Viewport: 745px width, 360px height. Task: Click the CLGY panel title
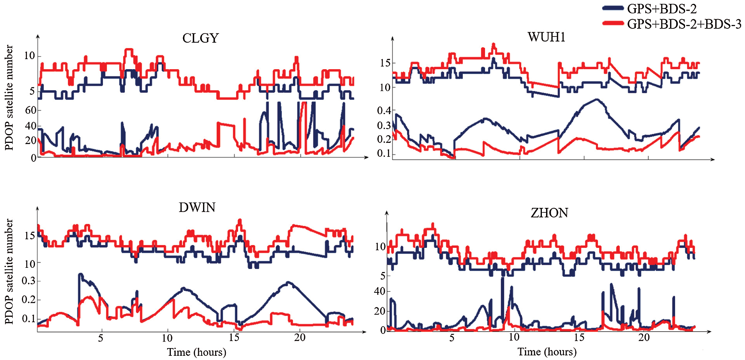pyautogui.click(x=200, y=38)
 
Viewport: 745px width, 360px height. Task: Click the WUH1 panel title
pyautogui.click(x=546, y=37)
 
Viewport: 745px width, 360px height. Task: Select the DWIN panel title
pyautogui.click(x=197, y=207)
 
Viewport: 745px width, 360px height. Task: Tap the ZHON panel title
pyautogui.click(x=549, y=213)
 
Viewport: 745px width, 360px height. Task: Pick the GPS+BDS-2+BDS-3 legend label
pyautogui.click(x=684, y=24)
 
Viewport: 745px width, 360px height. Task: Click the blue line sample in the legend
pyautogui.click(x=613, y=8)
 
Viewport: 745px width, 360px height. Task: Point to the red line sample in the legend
pyautogui.click(x=613, y=23)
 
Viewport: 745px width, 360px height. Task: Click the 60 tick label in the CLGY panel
pyautogui.click(x=30, y=110)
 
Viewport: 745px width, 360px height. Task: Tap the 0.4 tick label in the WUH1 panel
pyautogui.click(x=384, y=111)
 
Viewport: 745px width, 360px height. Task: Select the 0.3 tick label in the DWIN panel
pyautogui.click(x=28, y=281)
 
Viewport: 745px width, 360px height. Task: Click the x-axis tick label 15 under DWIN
pyautogui.click(x=234, y=338)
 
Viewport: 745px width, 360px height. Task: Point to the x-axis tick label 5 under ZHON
pyautogui.click(x=452, y=338)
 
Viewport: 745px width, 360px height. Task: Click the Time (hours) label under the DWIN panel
pyautogui.click(x=196, y=352)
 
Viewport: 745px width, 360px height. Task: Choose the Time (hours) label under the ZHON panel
pyautogui.click(x=547, y=352)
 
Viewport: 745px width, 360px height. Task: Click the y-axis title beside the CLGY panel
pyautogui.click(x=9, y=98)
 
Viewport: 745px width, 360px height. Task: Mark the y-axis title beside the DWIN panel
pyautogui.click(x=9, y=271)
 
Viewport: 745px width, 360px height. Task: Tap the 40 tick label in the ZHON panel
pyautogui.click(x=379, y=291)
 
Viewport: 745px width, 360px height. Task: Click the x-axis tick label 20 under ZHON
pyautogui.click(x=644, y=338)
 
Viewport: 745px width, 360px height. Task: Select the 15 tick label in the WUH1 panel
pyautogui.click(x=385, y=63)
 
